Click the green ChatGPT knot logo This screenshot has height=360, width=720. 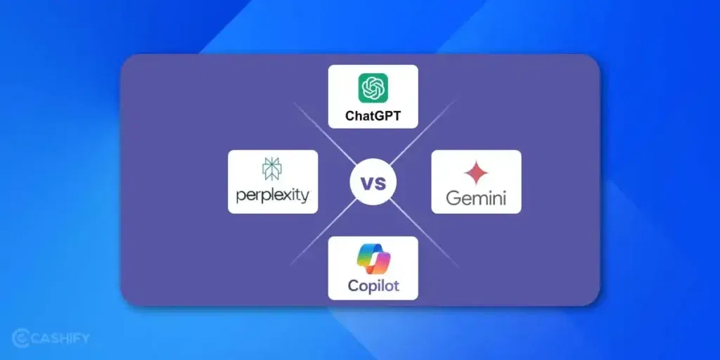pos(373,88)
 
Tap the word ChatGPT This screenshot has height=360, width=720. pos(373,115)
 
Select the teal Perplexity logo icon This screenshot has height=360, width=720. pos(272,169)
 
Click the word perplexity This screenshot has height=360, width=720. pos(273,194)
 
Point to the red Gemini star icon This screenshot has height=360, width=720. pos(475,173)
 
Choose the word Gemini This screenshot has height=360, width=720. pos(476,197)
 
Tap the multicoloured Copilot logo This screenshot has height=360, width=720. pos(373,259)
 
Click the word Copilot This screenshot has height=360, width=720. pos(373,286)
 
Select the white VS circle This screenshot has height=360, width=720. pos(373,184)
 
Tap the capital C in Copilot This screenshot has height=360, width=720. pos(354,286)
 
